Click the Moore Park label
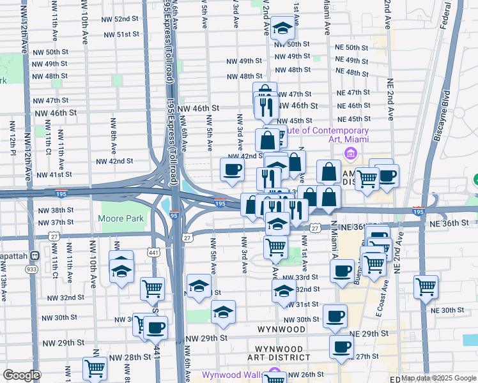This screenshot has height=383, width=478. point(121,219)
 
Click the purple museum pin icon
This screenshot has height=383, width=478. point(350,153)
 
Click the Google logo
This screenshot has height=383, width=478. point(21,375)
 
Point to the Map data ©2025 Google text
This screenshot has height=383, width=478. point(439,379)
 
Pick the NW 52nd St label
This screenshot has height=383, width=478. point(120,19)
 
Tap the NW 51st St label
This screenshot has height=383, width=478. point(120,34)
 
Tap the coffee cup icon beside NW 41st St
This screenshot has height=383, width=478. point(232,170)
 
